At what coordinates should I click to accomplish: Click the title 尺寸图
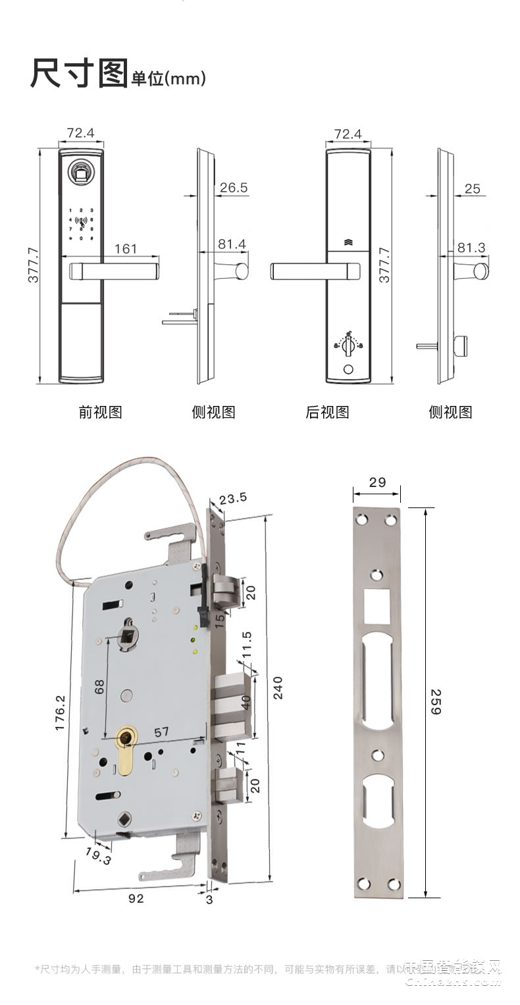click(x=78, y=74)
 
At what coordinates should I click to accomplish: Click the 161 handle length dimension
click(x=126, y=248)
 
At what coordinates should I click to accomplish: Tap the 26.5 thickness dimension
click(x=233, y=188)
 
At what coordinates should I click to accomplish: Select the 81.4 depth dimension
click(x=232, y=244)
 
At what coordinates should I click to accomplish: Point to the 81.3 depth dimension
click(x=471, y=247)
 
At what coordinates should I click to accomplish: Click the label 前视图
click(x=100, y=413)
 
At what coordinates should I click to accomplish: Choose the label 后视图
click(x=327, y=413)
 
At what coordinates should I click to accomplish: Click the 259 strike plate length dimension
click(x=436, y=702)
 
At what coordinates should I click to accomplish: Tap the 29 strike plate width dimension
click(x=377, y=482)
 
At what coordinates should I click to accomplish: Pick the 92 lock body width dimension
click(x=136, y=898)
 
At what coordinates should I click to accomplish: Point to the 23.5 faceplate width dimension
click(x=233, y=498)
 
